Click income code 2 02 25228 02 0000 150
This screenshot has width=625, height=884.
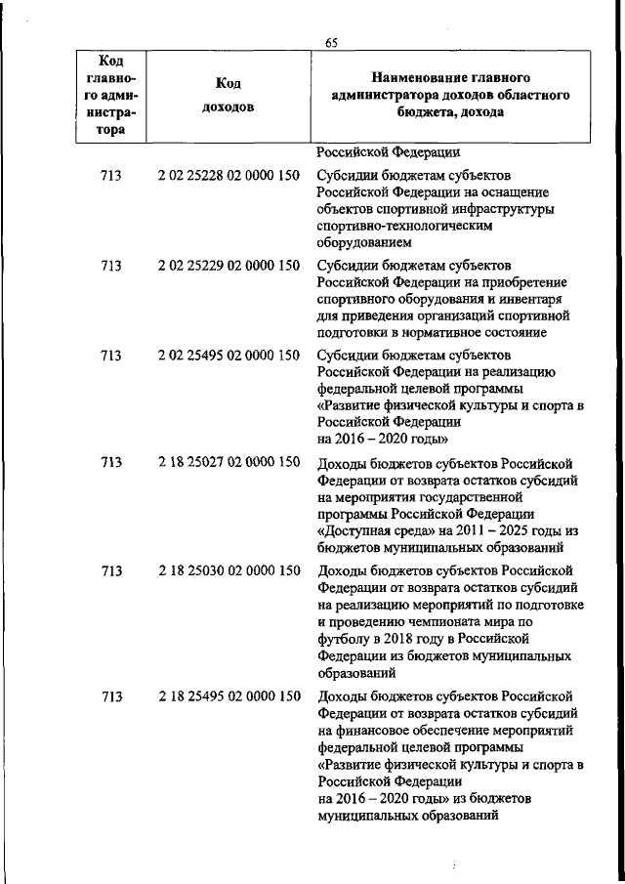pos(229,176)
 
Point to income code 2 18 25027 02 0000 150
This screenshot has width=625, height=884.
pos(229,462)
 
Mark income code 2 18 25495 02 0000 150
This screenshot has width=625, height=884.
pos(229,695)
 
